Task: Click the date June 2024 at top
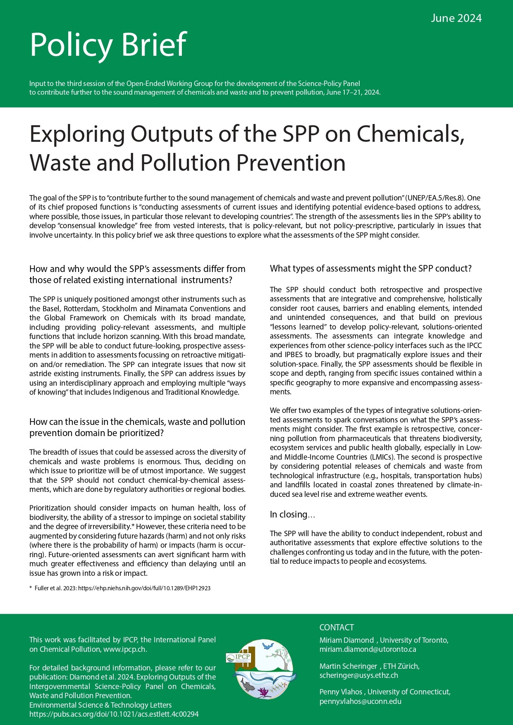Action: (x=456, y=18)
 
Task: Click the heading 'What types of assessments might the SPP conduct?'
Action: (x=370, y=268)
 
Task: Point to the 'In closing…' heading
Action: (x=292, y=514)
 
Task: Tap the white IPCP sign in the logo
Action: (x=239, y=657)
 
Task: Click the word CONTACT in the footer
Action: (x=336, y=627)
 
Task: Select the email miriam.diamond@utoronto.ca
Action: (x=367, y=649)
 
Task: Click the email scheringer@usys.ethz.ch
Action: (x=358, y=675)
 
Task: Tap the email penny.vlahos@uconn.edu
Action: (x=360, y=701)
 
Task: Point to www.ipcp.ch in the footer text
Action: (x=124, y=649)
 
